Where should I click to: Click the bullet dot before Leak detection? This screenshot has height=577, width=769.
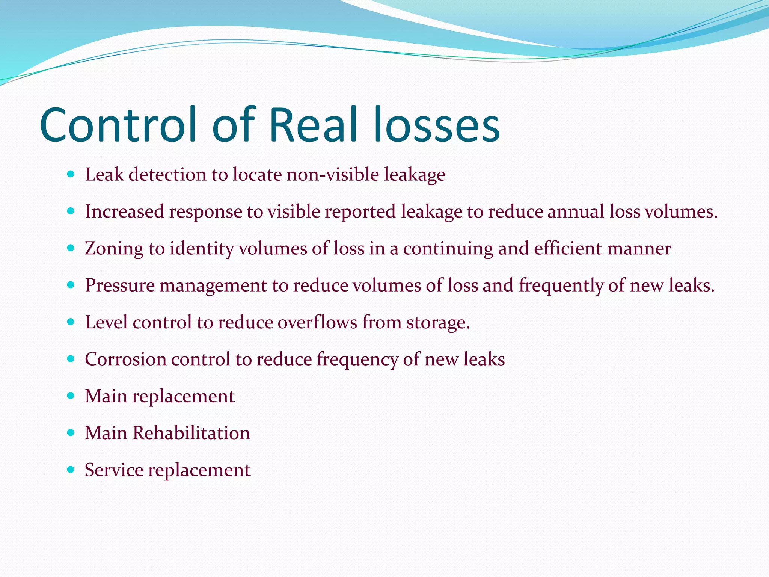click(x=70, y=174)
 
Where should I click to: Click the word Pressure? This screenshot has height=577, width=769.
click(x=120, y=285)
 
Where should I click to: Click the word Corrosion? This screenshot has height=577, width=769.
click(x=126, y=359)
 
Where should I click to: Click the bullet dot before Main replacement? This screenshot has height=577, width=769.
click(x=70, y=396)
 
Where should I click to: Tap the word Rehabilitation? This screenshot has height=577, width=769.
click(x=191, y=433)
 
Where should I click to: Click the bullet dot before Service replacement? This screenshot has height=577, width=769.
click(x=70, y=470)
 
